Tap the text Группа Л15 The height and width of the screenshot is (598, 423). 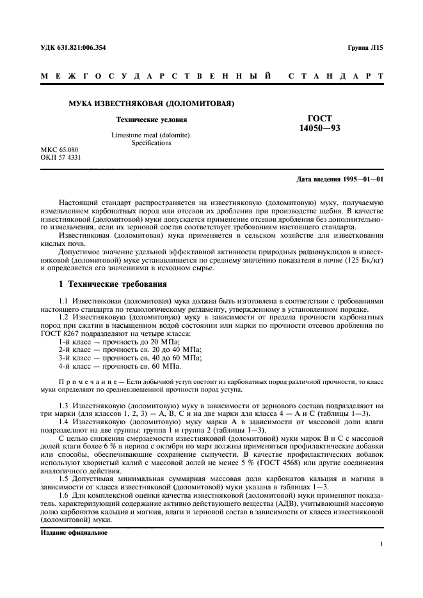(365, 47)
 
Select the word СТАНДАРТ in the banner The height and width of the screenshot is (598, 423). (337, 77)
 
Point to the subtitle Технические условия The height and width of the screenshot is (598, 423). (151, 119)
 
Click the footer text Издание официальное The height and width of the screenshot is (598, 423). (74, 532)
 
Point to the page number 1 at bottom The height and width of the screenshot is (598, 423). (381, 544)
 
